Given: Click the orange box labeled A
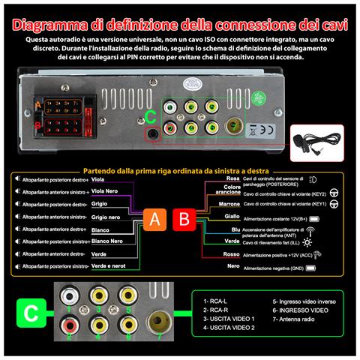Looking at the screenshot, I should [154, 220].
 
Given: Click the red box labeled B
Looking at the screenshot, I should [183, 220].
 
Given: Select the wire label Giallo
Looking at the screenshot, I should [232, 216].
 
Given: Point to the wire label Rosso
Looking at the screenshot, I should [232, 253].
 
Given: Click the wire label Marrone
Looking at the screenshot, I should [229, 203].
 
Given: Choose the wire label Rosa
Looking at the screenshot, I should [233, 178].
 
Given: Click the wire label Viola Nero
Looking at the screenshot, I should [104, 191].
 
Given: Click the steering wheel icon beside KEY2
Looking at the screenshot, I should [334, 191].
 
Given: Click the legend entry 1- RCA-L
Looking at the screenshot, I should [216, 299].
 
